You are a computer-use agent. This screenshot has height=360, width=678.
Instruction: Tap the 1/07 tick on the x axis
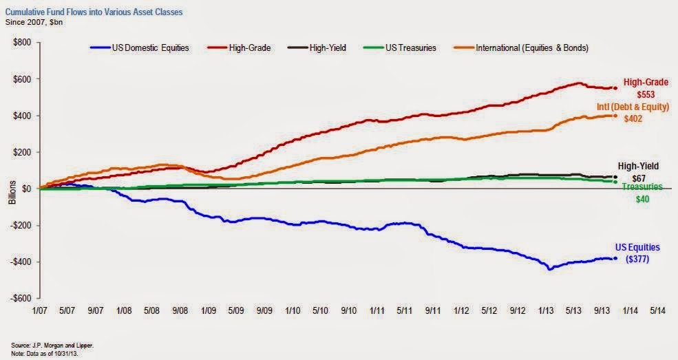[x=40, y=311]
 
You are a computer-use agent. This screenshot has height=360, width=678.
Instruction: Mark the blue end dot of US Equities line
[x=615, y=259]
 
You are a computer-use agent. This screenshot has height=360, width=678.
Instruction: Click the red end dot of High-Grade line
[x=615, y=88]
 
